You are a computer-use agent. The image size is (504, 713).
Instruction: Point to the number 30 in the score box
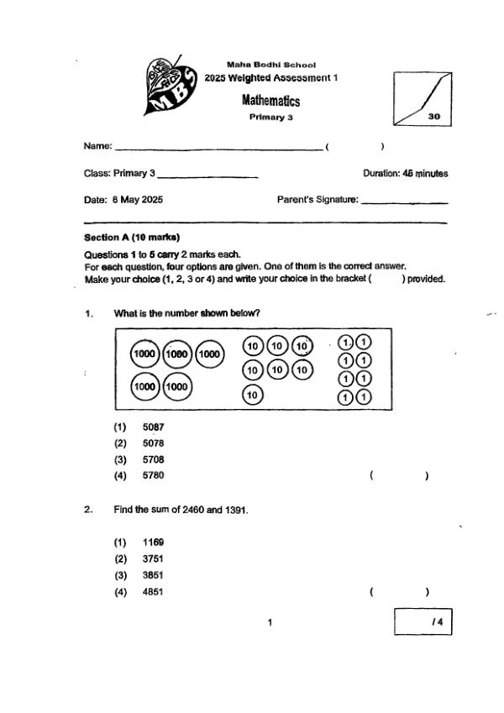[x=433, y=118]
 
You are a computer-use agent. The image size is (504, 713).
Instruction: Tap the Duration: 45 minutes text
[x=405, y=174]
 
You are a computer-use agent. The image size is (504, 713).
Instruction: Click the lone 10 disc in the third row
[x=253, y=394]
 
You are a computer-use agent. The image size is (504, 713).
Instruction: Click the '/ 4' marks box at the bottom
[x=423, y=622]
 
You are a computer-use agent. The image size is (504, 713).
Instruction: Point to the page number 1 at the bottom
[x=269, y=622]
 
